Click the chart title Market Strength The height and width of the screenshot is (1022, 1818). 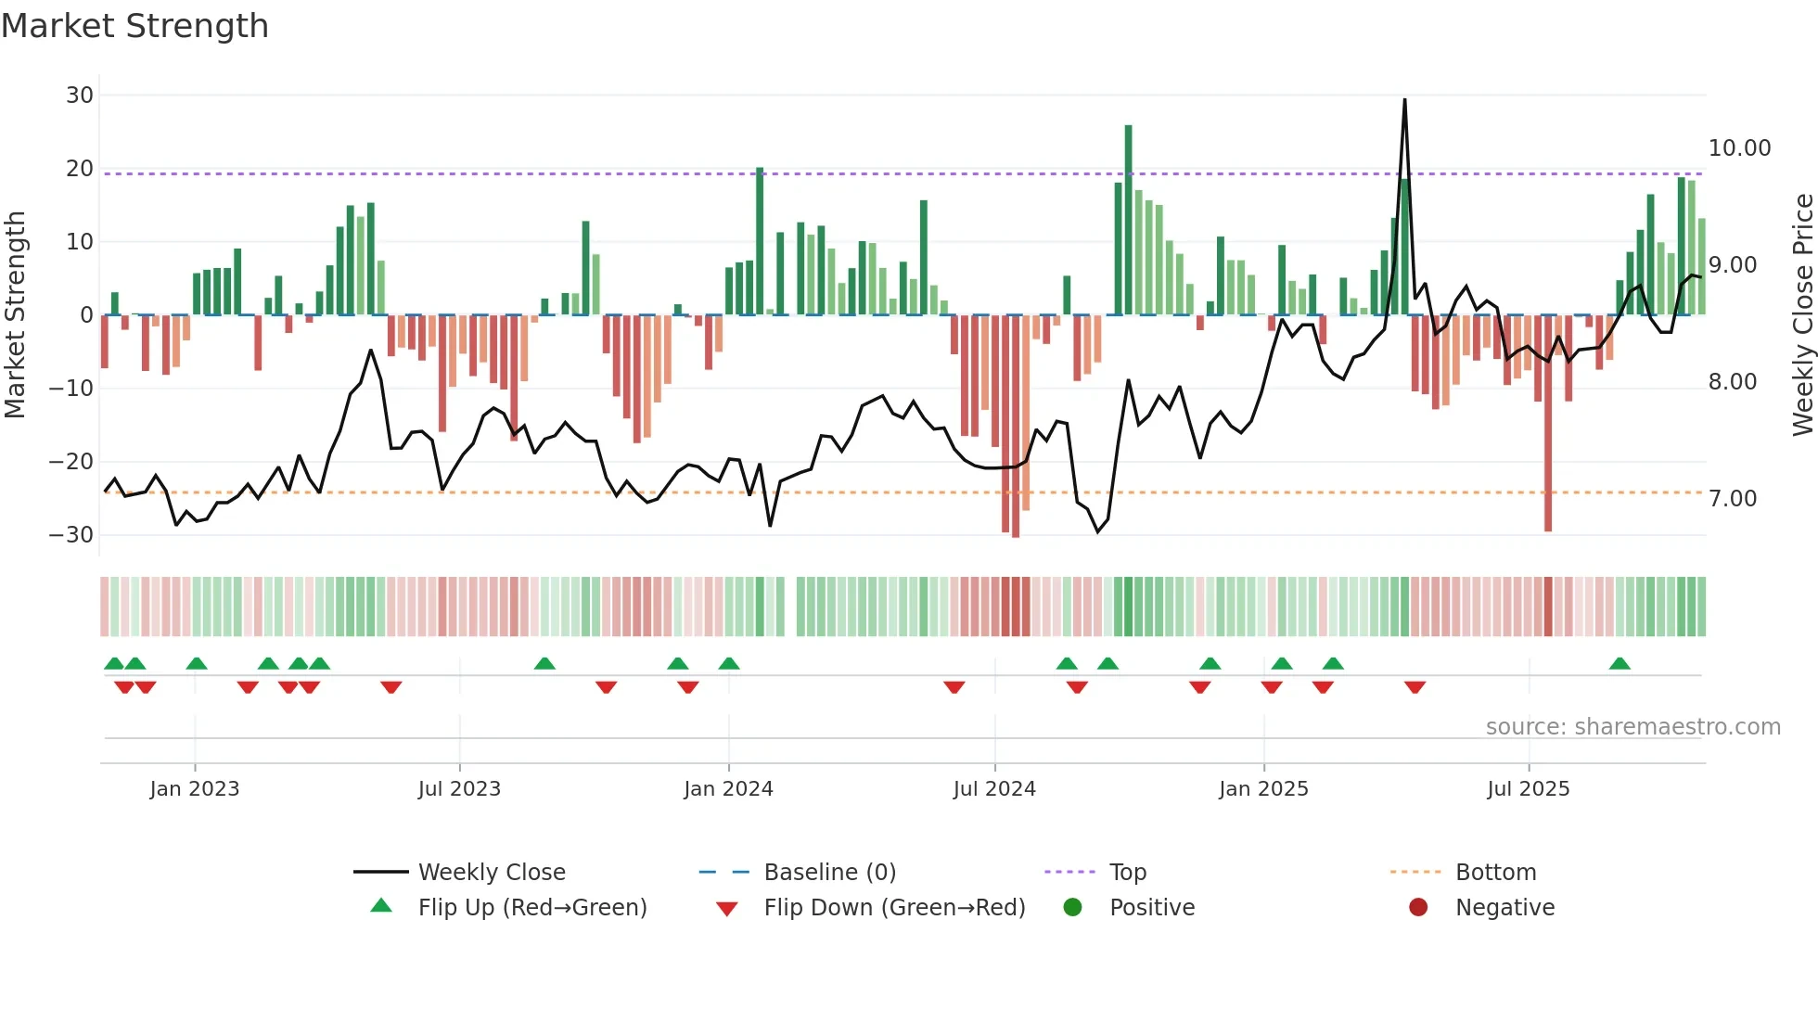134,26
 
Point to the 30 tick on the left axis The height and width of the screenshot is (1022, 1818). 80,96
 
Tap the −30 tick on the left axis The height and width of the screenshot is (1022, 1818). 72,535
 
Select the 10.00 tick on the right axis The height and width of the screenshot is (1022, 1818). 1739,148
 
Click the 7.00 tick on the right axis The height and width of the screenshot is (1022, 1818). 1733,499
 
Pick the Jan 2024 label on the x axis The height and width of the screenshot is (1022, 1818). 728,789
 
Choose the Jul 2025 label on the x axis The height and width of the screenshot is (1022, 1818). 1528,789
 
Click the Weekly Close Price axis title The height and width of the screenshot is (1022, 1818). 1802,315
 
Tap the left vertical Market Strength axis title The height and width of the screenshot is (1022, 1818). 16,315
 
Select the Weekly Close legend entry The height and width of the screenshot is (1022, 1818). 491,873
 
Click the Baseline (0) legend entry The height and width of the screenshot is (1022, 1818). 829,873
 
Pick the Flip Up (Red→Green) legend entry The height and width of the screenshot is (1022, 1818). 531,908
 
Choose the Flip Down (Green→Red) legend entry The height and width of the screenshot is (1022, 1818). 894,908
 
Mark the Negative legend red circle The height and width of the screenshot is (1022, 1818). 1418,907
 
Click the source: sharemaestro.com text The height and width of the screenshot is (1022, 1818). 1632,727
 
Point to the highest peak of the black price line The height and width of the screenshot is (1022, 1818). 1404,100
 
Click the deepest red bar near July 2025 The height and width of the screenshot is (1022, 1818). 1548,422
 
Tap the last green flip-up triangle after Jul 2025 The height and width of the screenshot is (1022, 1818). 1620,664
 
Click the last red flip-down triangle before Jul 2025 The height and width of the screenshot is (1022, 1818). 1415,687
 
